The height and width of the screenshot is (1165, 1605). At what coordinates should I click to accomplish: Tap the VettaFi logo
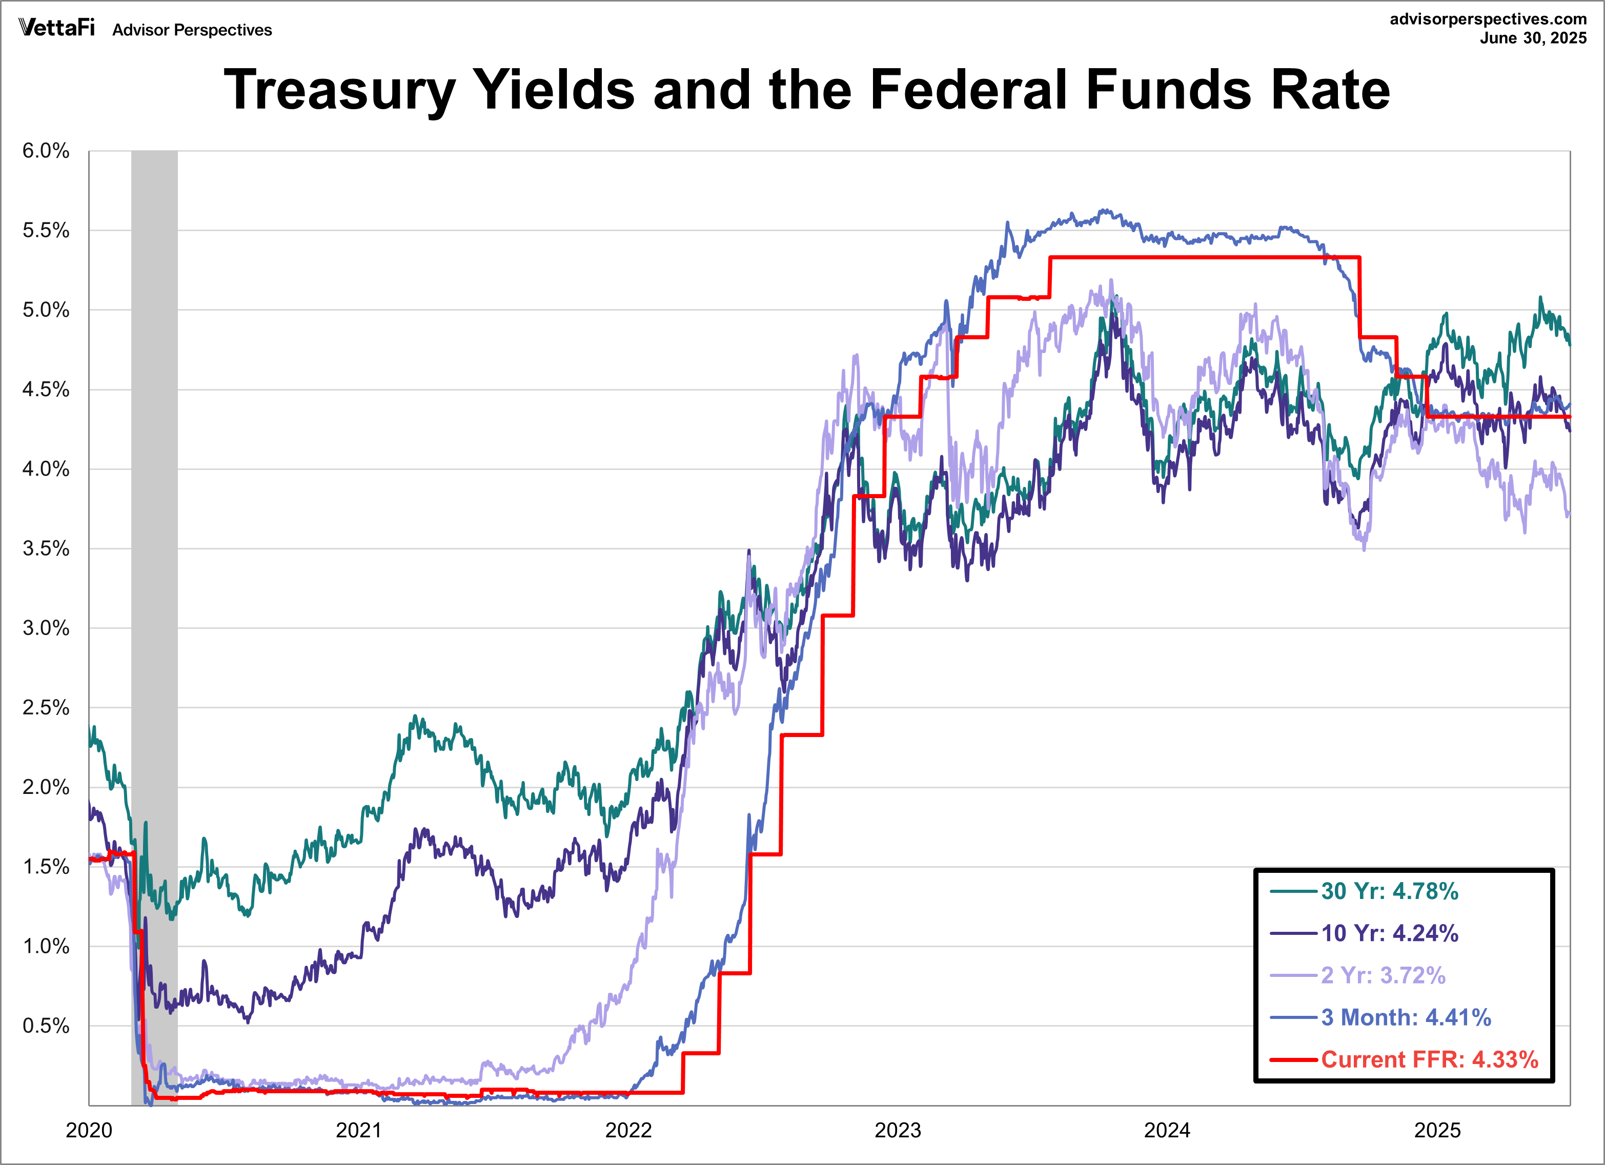pos(56,28)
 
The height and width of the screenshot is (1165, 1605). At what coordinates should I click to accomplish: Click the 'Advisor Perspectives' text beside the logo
pos(192,30)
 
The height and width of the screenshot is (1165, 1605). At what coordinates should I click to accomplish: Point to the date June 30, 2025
pos(1533,38)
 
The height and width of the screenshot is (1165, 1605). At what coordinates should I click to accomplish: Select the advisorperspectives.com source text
pos(1488,19)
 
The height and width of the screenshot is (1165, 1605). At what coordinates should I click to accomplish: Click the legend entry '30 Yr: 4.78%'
pos(1389,891)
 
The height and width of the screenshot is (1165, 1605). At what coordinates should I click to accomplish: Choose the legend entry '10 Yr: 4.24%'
pos(1389,933)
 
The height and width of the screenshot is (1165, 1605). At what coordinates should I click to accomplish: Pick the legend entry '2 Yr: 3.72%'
pos(1383,975)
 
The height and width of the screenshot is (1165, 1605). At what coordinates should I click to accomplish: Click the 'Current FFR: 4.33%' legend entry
pos(1430,1059)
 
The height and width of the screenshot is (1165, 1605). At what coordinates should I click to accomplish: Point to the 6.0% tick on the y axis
pos(46,151)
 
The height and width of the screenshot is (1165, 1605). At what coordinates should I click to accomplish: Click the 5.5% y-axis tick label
pos(46,231)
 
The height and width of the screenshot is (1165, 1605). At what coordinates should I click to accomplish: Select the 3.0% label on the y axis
pos(46,628)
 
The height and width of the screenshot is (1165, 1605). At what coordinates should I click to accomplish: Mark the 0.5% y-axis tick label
pos(46,1026)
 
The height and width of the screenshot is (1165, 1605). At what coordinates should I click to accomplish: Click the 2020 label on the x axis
pos(89,1130)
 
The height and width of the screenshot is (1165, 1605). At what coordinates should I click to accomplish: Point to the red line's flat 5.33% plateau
pos(1203,258)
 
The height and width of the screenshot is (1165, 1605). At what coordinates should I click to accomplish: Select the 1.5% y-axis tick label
pos(46,867)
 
